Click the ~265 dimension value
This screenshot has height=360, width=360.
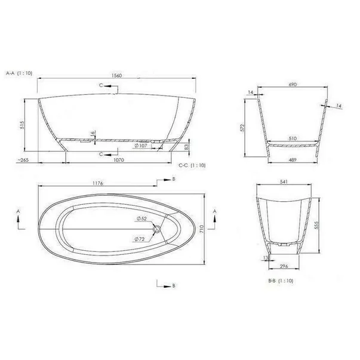(x=24, y=161)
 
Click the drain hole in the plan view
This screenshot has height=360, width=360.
(x=157, y=229)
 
